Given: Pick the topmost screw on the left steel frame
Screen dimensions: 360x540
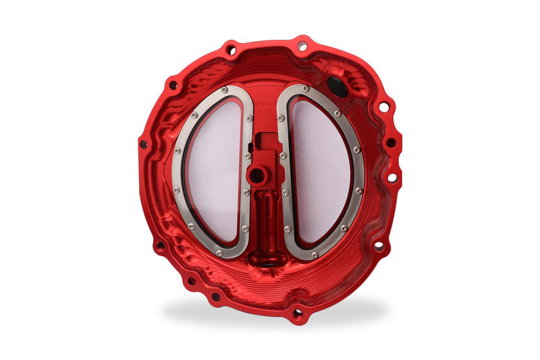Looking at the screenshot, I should tap(224, 89).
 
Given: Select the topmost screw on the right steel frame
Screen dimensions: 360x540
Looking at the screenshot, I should tap(306, 88).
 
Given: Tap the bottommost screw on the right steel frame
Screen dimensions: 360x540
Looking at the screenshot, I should tap(315, 255).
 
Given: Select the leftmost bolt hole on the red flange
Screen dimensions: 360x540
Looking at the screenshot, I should tap(143, 144).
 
